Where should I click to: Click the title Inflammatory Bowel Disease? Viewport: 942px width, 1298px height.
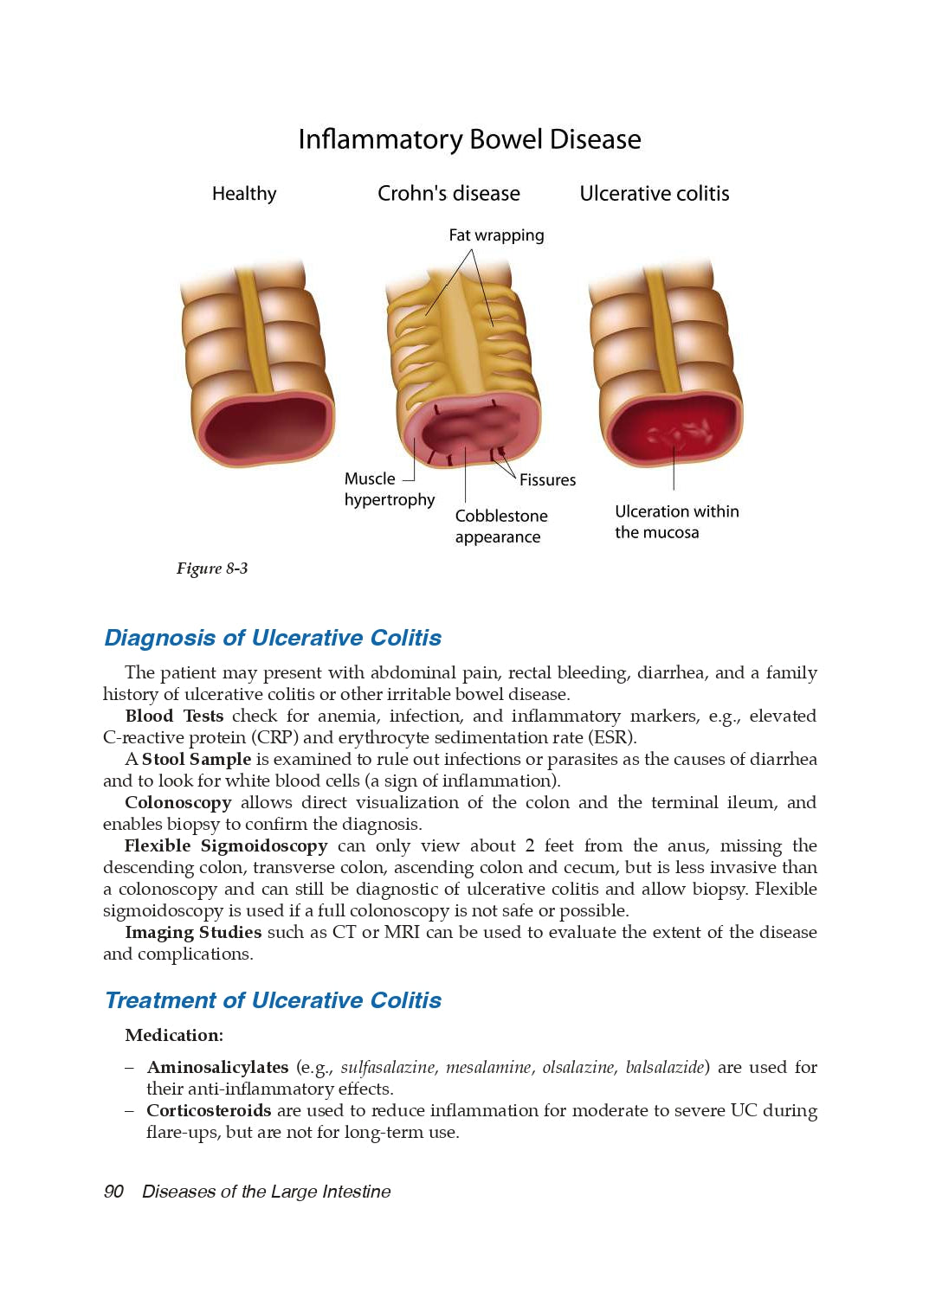(x=469, y=139)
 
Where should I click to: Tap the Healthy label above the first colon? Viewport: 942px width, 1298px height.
(x=244, y=194)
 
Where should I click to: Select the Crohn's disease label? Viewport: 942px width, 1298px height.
(x=448, y=194)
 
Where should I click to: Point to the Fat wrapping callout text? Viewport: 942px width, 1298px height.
(x=496, y=235)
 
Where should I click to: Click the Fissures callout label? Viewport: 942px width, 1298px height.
(x=547, y=480)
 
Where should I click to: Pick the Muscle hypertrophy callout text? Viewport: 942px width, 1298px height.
(x=389, y=489)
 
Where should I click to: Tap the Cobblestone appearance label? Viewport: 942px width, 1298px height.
(x=501, y=526)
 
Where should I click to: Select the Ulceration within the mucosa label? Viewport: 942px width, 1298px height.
(x=676, y=522)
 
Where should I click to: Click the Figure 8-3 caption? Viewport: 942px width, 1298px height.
(x=212, y=569)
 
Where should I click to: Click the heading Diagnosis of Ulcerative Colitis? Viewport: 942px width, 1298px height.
(x=273, y=638)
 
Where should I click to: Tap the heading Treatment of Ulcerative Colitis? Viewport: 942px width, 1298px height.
(x=273, y=1000)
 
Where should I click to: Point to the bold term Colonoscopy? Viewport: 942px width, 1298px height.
(x=178, y=802)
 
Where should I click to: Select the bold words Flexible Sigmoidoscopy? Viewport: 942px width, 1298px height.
(x=226, y=845)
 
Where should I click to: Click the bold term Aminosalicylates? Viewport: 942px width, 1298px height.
(x=217, y=1067)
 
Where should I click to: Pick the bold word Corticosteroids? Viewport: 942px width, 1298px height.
(x=209, y=1110)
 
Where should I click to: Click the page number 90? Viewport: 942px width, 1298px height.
(x=113, y=1192)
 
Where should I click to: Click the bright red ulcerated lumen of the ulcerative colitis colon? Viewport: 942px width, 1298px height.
(x=672, y=428)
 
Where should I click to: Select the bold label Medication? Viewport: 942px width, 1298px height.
(x=174, y=1035)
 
